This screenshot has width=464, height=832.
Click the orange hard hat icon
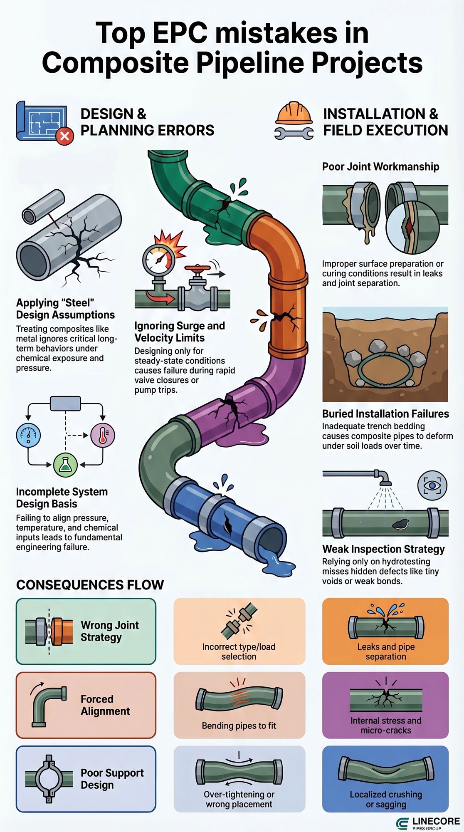coord(294,113)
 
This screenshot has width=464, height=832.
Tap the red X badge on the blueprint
coord(64,136)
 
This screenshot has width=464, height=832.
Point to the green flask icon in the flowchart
coord(66,465)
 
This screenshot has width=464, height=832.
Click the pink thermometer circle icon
coord(102,435)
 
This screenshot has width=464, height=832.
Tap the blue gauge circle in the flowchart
coord(28,435)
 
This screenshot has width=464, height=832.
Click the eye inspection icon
coord(432,485)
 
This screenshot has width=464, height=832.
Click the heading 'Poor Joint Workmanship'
coord(380,167)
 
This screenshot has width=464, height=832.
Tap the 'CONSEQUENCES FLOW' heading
coord(90,585)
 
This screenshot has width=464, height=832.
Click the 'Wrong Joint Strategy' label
coord(110,631)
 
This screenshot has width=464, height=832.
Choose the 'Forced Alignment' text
coord(105,705)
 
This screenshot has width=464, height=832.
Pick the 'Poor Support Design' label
coord(112,779)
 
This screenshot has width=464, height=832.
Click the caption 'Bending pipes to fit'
coord(239,726)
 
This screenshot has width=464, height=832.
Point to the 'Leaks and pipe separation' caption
coord(386,652)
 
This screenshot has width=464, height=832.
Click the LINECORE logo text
coord(436,822)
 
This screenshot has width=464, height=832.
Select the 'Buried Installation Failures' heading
coord(385,414)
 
